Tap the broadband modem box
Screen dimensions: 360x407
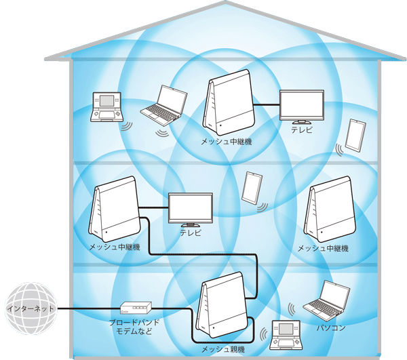pyautogui.click(x=136, y=308)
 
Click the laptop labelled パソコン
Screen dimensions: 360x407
pyautogui.click(x=327, y=300)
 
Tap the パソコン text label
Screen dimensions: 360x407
pyautogui.click(x=331, y=329)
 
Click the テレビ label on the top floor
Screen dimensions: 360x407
pyautogui.click(x=301, y=129)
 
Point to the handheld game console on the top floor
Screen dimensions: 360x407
pyautogui.click(x=106, y=108)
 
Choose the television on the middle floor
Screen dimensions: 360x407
pyautogui.click(x=191, y=210)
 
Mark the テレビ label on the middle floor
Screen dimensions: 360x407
pyautogui.click(x=191, y=233)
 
